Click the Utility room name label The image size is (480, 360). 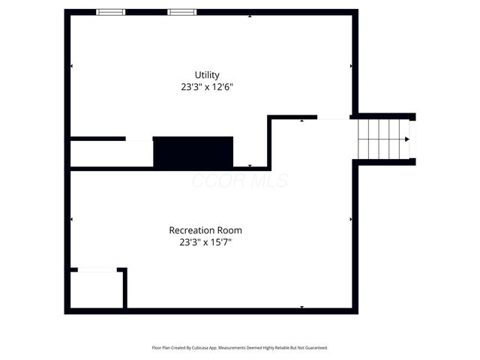[x=207, y=75]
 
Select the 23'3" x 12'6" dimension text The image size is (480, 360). [x=207, y=87]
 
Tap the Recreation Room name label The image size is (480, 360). [x=205, y=230]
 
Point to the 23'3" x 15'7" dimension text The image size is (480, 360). [x=205, y=242]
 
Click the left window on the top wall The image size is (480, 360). [x=111, y=12]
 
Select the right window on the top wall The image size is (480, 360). [x=181, y=12]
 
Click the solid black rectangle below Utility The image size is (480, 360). [x=193, y=152]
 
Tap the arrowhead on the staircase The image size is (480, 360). [x=406, y=139]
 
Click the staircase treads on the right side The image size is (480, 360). [x=382, y=139]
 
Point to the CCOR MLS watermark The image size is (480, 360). [x=240, y=181]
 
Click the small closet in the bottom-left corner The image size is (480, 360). [x=96, y=289]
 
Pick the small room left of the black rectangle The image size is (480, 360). [x=111, y=154]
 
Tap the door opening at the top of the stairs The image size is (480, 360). [x=334, y=117]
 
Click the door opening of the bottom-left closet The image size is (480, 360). [x=97, y=269]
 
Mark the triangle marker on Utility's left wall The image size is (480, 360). [x=72, y=66]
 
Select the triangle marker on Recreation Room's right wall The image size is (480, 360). [x=350, y=219]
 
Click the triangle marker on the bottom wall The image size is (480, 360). [x=301, y=307]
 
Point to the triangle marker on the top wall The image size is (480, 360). [x=250, y=16]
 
